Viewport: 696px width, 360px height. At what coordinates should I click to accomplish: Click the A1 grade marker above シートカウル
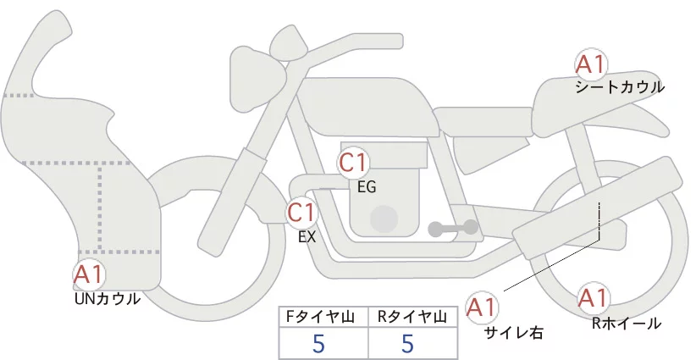(x=590, y=64)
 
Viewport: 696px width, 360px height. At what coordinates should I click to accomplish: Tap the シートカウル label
(x=620, y=87)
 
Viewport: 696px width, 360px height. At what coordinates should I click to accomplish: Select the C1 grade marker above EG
(x=353, y=162)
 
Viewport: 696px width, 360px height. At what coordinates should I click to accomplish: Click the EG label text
(x=367, y=187)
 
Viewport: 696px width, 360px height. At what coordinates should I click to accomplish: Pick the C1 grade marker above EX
(x=301, y=212)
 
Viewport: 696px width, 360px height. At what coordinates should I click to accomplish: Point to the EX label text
(x=307, y=237)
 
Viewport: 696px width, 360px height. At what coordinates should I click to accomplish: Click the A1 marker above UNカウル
(x=89, y=274)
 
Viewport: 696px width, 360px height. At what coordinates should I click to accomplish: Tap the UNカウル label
(x=108, y=299)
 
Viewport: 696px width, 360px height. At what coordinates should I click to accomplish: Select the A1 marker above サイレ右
(x=482, y=307)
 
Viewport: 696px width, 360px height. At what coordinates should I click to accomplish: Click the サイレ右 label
(x=514, y=333)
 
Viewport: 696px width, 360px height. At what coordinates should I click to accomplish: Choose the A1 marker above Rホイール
(x=593, y=298)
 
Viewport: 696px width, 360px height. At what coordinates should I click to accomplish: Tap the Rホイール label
(x=627, y=324)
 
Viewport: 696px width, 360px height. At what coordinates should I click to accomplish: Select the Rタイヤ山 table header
(x=412, y=317)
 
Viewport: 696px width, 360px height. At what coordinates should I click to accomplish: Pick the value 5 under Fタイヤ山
(x=318, y=343)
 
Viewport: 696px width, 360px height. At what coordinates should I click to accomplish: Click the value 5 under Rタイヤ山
(x=408, y=343)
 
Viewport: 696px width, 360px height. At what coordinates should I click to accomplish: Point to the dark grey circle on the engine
(x=384, y=219)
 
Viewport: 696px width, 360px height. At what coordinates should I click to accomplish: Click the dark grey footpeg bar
(x=453, y=228)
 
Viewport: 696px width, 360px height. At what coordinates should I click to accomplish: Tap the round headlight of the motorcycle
(x=257, y=79)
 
